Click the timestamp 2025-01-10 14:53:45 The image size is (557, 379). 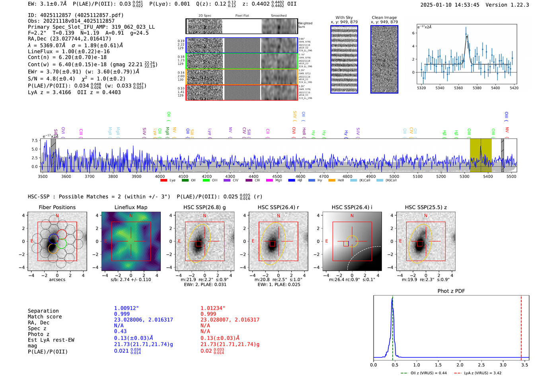pyautogui.click(x=450, y=5)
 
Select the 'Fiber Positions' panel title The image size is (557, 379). pyautogui.click(x=57, y=207)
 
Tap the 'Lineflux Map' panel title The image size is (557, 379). pyautogui.click(x=131, y=207)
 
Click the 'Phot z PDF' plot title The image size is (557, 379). pyautogui.click(x=451, y=291)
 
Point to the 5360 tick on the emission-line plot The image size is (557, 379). pyautogui.click(x=458, y=88)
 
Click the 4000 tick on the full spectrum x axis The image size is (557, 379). pyautogui.click(x=160, y=176)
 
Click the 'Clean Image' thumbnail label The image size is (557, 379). pyautogui.click(x=384, y=17)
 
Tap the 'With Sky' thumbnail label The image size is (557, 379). pyautogui.click(x=344, y=17)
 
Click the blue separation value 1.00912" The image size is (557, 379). pyautogui.click(x=127, y=308)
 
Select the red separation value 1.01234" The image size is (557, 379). pyautogui.click(x=213, y=308)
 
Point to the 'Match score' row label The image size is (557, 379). pyautogui.click(x=45, y=317)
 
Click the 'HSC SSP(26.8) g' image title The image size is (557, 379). pyautogui.click(x=204, y=207)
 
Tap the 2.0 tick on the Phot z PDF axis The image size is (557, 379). pyautogui.click(x=460, y=365)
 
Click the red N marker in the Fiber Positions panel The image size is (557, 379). pyautogui.click(x=57, y=216)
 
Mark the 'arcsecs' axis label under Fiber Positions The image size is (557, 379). pyautogui.click(x=57, y=280)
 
